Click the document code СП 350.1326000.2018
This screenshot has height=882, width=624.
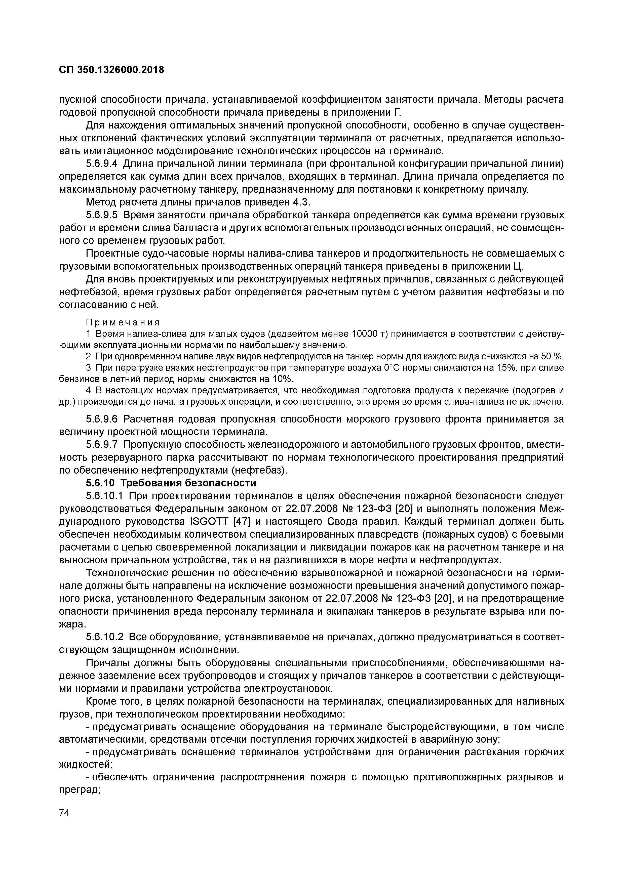(x=111, y=70)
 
